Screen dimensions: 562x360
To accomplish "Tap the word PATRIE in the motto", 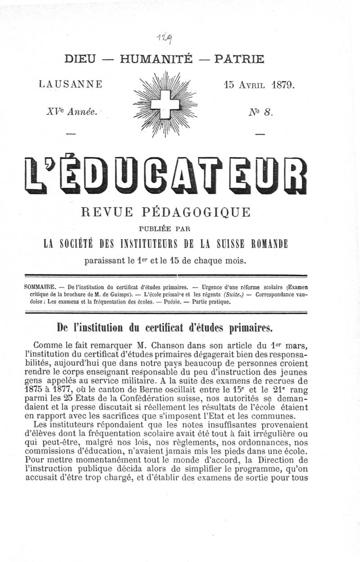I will pos(239,59).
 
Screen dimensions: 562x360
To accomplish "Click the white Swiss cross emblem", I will pos(165,104).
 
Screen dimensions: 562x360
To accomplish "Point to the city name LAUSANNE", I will pos(71,84).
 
